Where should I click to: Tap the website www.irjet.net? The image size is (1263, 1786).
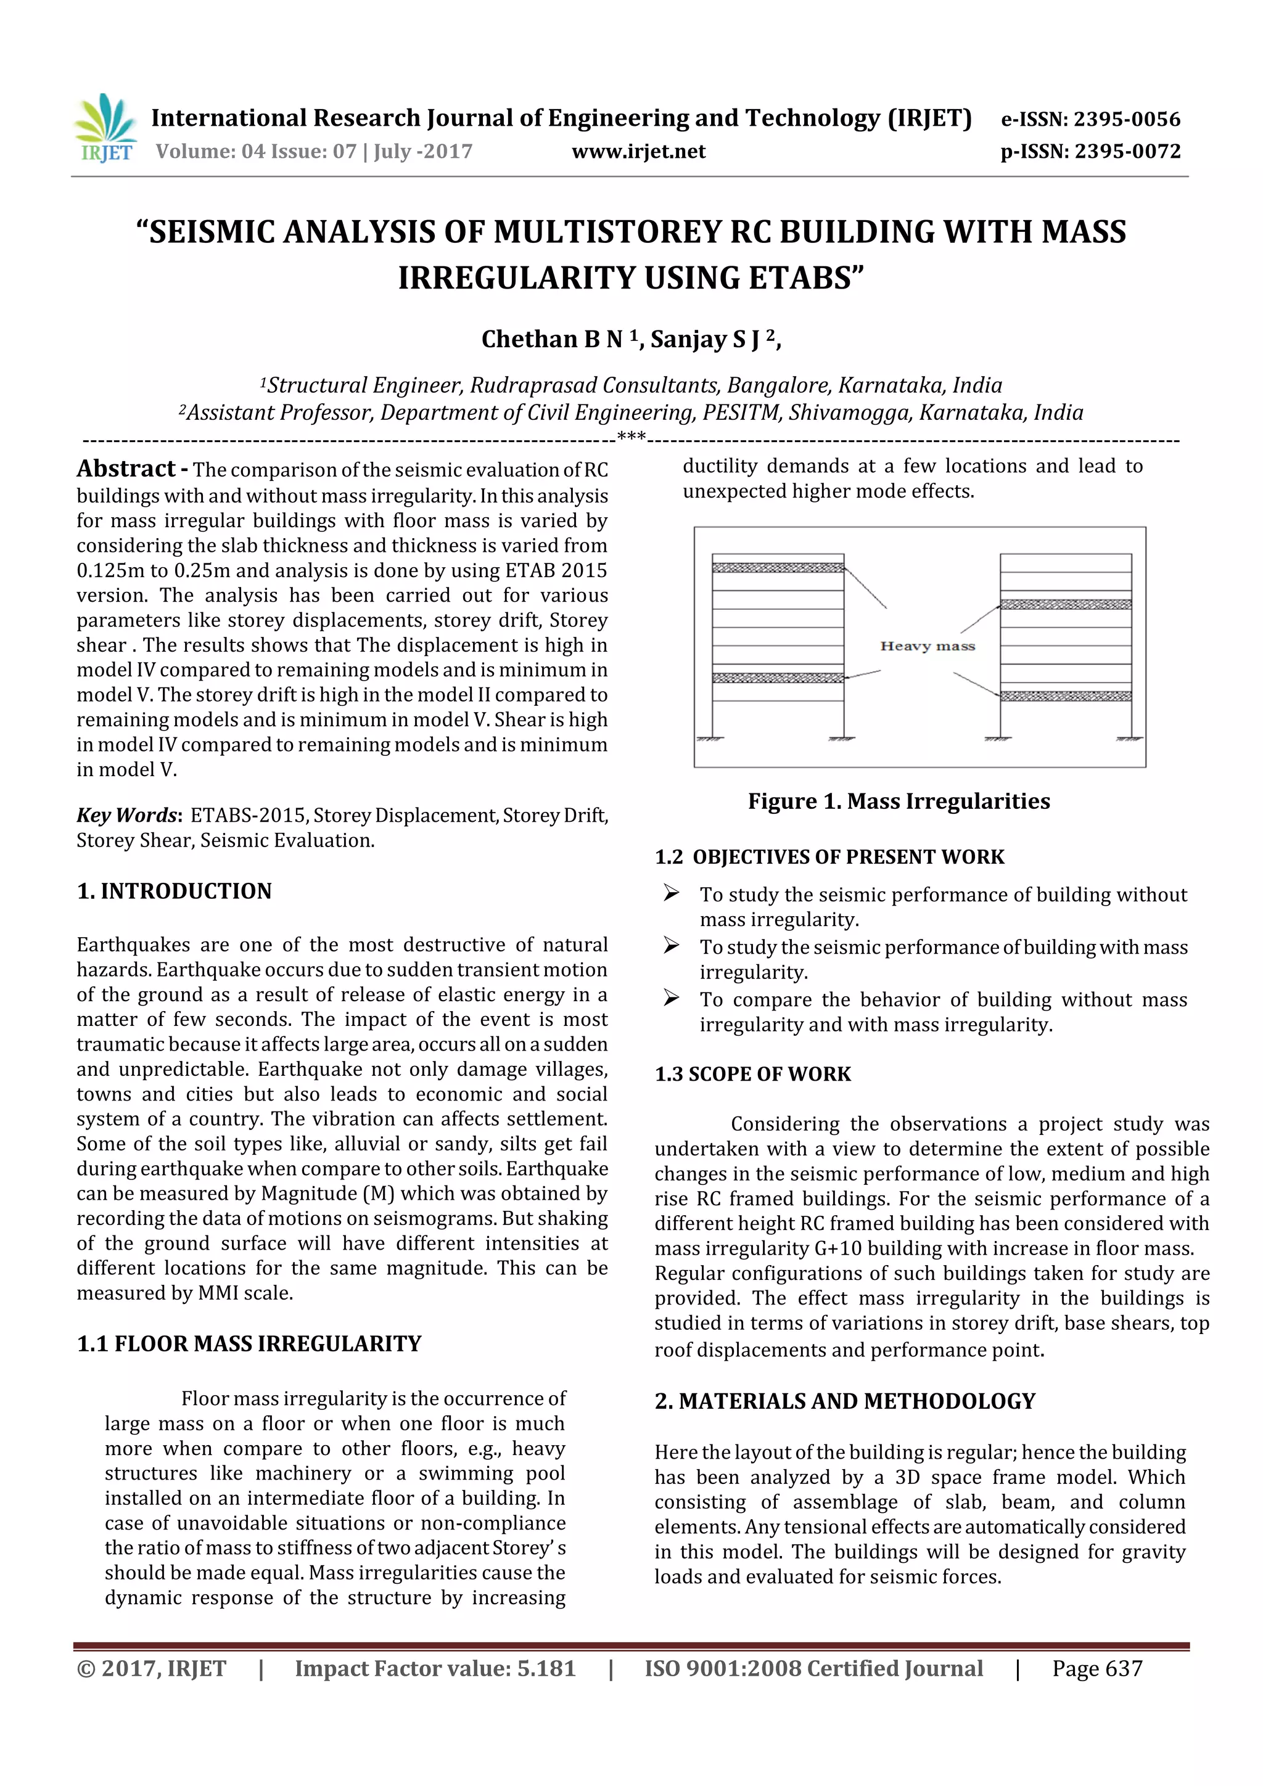coord(638,151)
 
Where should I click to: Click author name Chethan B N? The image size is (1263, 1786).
coord(552,339)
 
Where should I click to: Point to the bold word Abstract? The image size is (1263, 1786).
coord(126,469)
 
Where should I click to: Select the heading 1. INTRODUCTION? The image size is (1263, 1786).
coord(175,891)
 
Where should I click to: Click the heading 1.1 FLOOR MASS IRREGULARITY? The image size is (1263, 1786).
coord(249,1343)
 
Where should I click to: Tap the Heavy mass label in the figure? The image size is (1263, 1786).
coord(927,645)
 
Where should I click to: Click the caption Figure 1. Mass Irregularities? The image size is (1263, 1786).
coord(898,801)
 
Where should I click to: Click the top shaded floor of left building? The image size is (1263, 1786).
coord(778,568)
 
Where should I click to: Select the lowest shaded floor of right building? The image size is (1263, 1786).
coord(1064,695)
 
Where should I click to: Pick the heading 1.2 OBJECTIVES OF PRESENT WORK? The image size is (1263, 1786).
coord(829,856)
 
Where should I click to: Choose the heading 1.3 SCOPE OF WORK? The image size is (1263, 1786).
coord(752,1073)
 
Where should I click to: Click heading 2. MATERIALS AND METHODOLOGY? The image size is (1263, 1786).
coord(844,1401)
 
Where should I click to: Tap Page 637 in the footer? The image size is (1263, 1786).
coord(1096,1668)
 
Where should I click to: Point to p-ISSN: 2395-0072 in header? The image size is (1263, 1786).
coord(1090,151)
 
